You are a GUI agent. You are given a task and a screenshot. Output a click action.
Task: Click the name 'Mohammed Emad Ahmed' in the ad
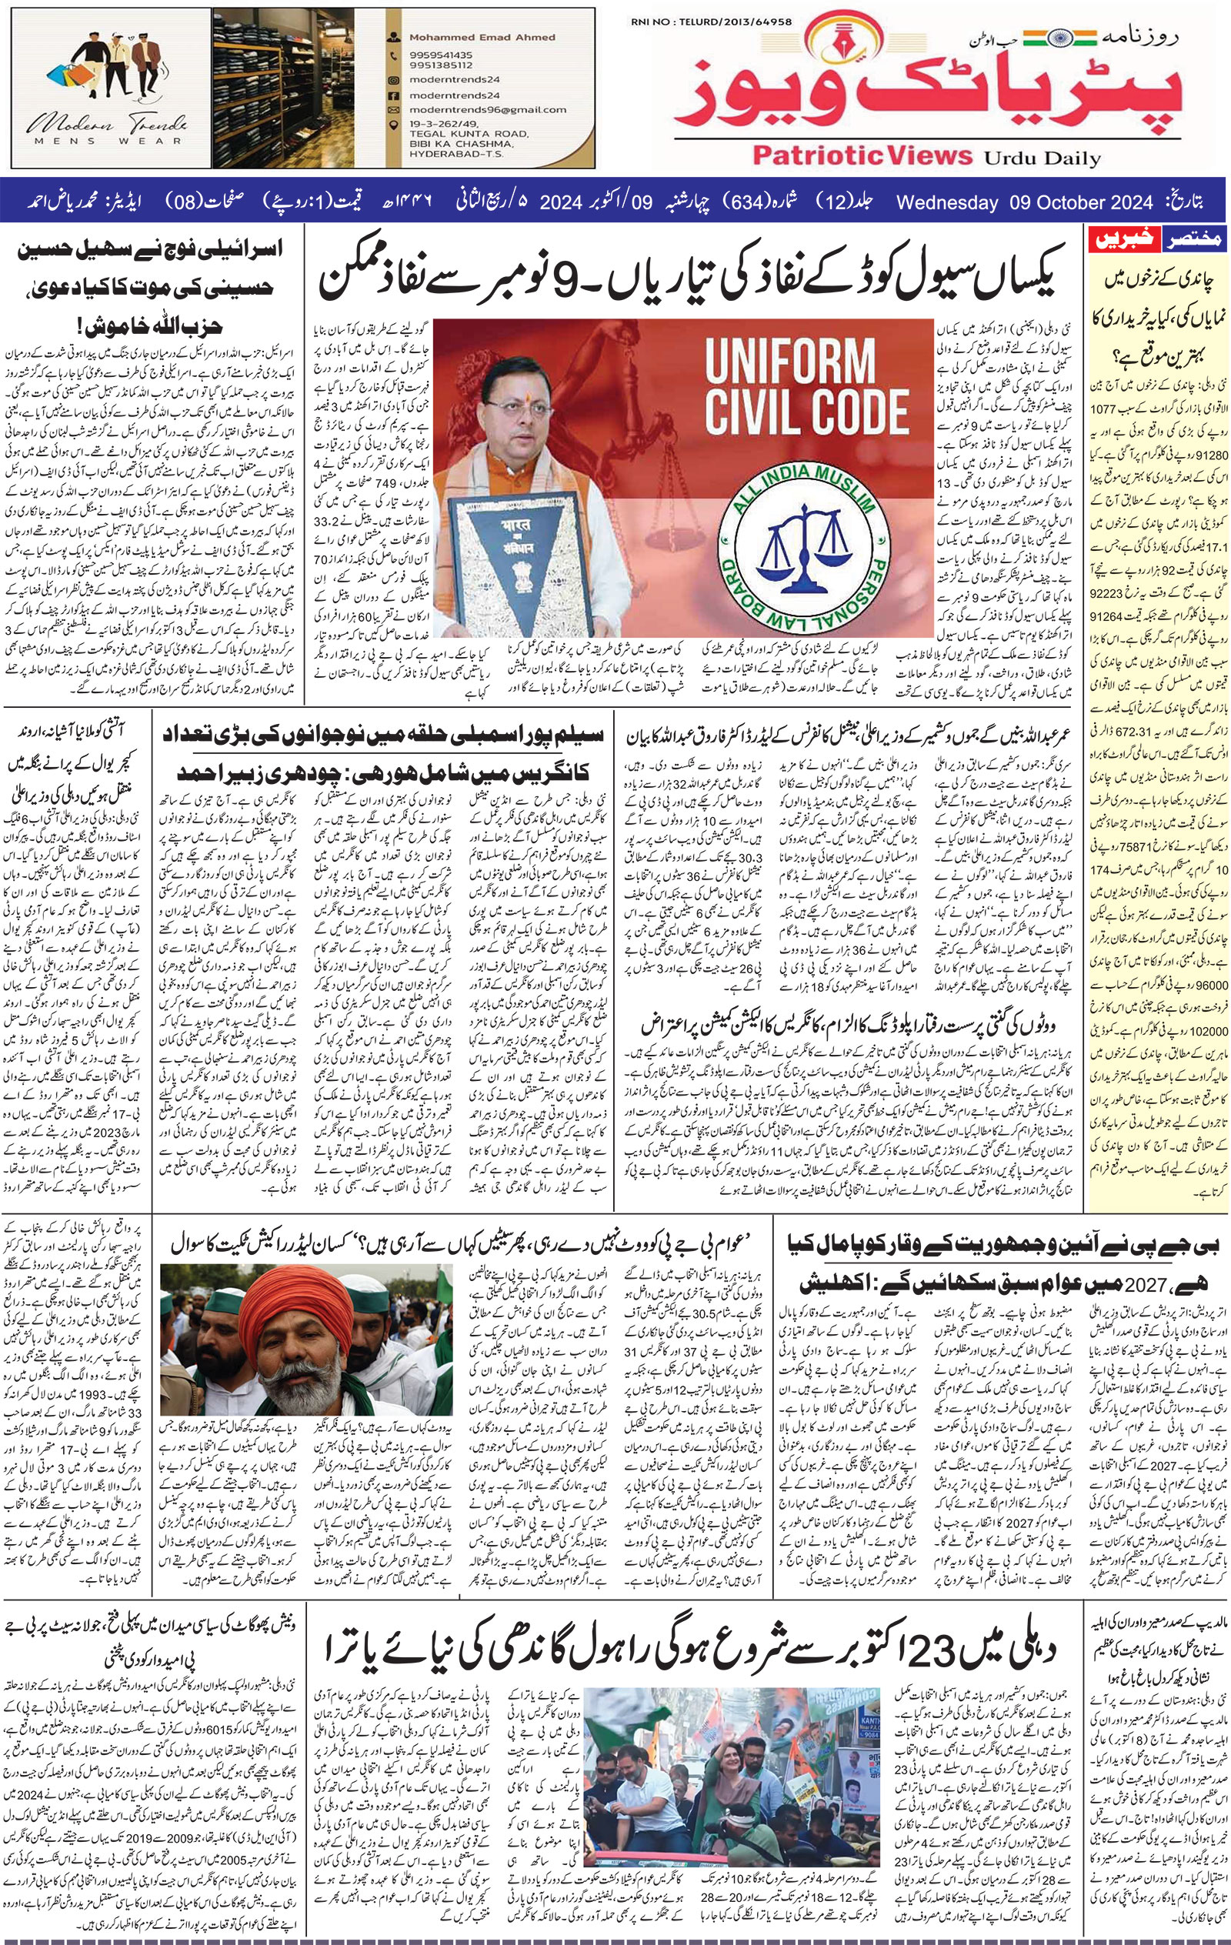click(482, 36)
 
